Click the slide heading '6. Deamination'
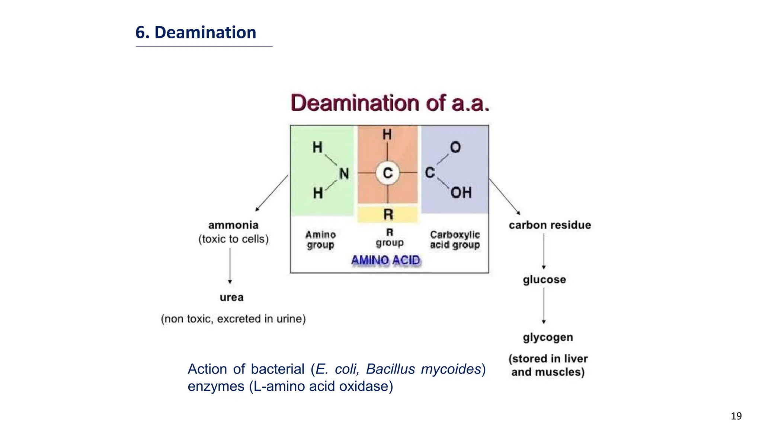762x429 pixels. (x=196, y=32)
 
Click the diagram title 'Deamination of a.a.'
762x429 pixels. (x=390, y=103)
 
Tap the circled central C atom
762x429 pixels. (x=388, y=173)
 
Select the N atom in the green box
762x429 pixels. (x=344, y=174)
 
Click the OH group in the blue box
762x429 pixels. (x=461, y=193)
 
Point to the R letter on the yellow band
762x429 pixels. (x=388, y=214)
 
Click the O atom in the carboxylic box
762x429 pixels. (x=455, y=147)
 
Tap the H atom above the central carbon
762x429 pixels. (x=387, y=134)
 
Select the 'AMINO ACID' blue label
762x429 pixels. (x=385, y=260)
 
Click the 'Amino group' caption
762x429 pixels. (x=320, y=240)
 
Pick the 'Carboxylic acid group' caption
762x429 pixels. (x=455, y=240)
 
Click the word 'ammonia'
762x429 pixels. (x=233, y=225)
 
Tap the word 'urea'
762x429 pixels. (x=231, y=297)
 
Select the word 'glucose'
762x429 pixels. (x=544, y=279)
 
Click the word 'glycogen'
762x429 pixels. (x=548, y=337)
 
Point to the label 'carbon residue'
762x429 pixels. (x=550, y=225)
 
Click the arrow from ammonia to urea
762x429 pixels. (x=230, y=266)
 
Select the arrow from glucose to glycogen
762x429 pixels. (x=544, y=305)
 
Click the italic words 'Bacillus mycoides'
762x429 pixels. (x=424, y=369)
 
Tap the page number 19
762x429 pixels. (x=736, y=416)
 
